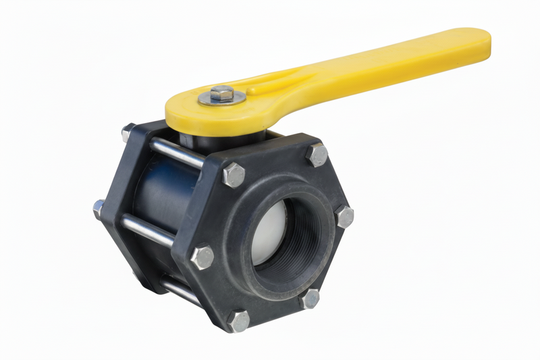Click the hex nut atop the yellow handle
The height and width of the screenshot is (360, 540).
[221, 93]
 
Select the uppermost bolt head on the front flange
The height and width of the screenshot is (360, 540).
[317, 155]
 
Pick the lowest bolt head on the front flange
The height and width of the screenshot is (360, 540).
[238, 321]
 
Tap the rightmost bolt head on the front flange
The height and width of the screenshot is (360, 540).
[344, 217]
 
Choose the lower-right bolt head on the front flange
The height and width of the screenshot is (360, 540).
[310, 298]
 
